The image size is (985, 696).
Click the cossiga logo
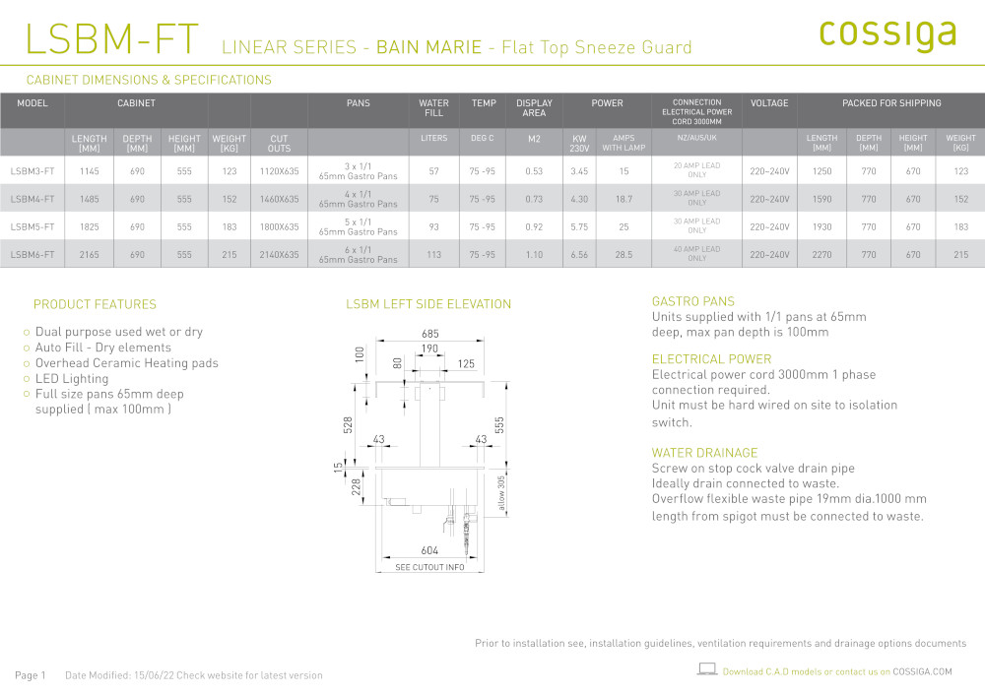(x=887, y=35)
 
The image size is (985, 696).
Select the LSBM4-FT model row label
(x=33, y=199)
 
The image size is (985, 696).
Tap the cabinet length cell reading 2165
(x=90, y=255)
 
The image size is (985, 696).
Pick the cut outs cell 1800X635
(x=280, y=227)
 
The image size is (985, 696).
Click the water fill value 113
(x=434, y=255)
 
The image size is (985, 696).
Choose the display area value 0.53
(x=534, y=171)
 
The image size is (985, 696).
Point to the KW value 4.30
(x=579, y=199)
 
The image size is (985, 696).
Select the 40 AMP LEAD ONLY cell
(x=696, y=254)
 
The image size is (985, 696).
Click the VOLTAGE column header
(x=769, y=103)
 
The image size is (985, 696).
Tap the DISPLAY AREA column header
(x=534, y=108)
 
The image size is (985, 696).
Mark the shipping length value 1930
(x=821, y=227)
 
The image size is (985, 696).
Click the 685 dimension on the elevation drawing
(x=430, y=334)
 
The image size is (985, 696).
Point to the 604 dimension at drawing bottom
(x=429, y=550)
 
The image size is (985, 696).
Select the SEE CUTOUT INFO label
(x=429, y=567)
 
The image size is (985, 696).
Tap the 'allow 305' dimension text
(x=501, y=492)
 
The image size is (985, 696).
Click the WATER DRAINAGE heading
(x=704, y=453)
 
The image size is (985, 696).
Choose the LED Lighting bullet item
(x=72, y=378)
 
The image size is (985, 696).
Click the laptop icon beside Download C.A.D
(x=707, y=669)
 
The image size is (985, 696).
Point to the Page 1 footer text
(x=31, y=675)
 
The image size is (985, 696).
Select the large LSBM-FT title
(x=112, y=38)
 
